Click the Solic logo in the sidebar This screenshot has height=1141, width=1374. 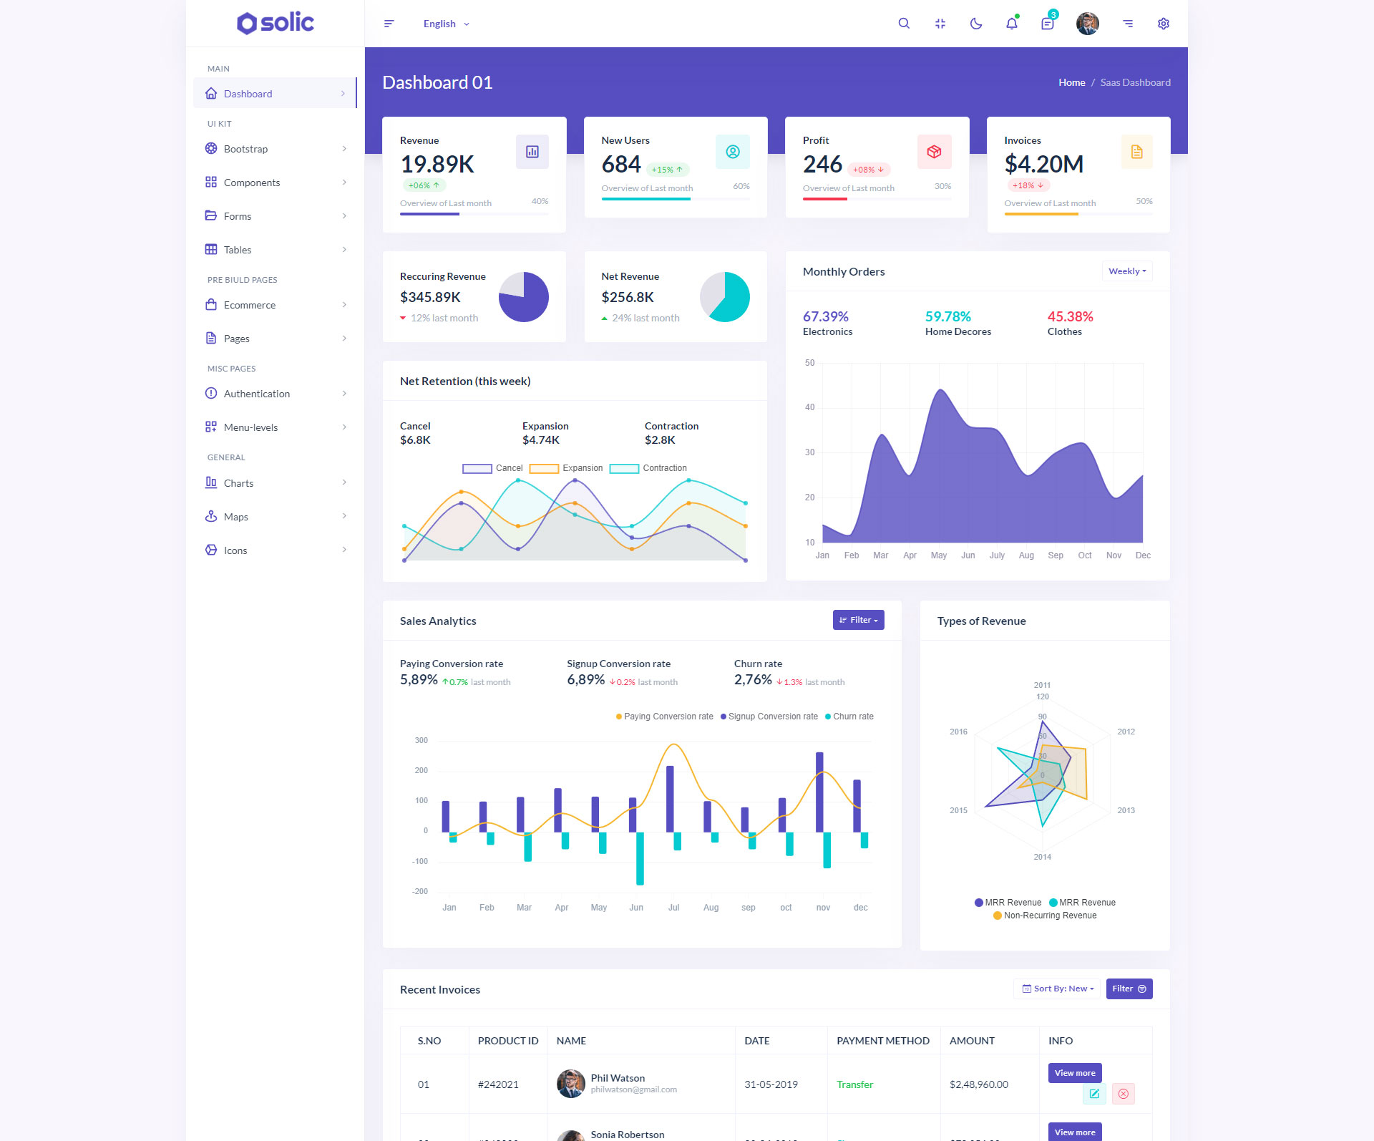coord(276,23)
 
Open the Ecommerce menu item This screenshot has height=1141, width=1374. coord(250,305)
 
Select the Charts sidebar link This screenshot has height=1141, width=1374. coord(238,483)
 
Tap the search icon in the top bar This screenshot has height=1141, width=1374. coord(904,24)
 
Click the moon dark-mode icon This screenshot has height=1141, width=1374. coord(975,24)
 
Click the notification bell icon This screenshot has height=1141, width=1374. coord(1011,24)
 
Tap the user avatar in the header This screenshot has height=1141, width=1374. coord(1087,24)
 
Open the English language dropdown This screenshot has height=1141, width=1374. coord(446,24)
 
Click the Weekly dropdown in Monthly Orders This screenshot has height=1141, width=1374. coord(1127,271)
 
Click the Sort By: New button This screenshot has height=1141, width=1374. coord(1058,989)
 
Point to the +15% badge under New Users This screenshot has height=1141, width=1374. coord(667,170)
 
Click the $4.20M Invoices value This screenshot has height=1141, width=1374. coord(1043,164)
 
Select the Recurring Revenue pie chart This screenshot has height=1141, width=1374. coord(523,296)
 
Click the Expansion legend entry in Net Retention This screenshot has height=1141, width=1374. coord(567,468)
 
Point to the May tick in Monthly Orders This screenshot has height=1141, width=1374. coord(938,555)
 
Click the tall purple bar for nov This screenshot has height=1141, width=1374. coord(819,791)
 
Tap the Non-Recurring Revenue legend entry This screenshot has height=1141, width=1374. coord(1045,916)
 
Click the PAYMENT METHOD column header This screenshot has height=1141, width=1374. coord(883,1041)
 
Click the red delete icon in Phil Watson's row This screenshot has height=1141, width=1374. coord(1123,1094)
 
